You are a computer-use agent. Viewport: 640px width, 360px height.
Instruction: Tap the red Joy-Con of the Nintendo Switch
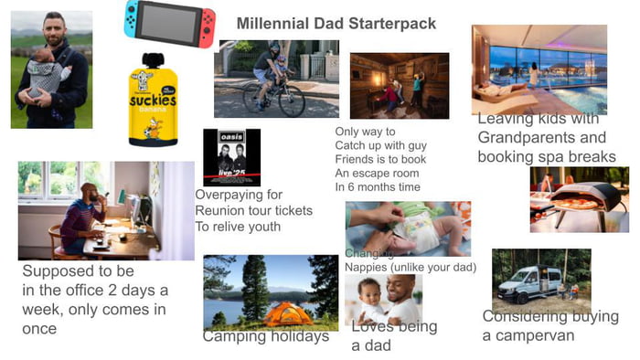(x=208, y=19)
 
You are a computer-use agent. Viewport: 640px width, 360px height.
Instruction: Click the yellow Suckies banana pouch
(x=152, y=101)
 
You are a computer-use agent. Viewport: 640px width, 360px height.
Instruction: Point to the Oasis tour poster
(x=231, y=157)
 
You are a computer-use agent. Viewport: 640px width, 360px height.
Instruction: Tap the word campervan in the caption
(x=538, y=335)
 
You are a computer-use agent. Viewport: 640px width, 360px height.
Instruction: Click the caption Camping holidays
(x=265, y=336)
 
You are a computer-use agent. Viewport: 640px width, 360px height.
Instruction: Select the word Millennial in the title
(x=273, y=23)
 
